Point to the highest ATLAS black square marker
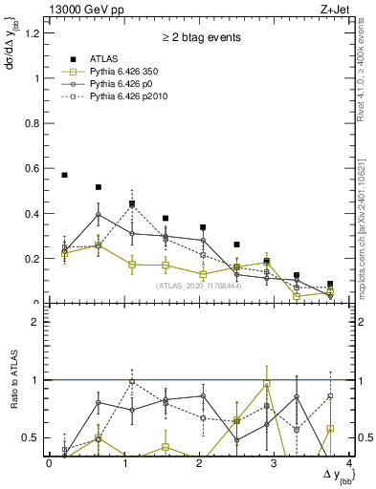[x=64, y=175]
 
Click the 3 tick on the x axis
[x=274, y=464]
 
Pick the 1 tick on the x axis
[x=123, y=464]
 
